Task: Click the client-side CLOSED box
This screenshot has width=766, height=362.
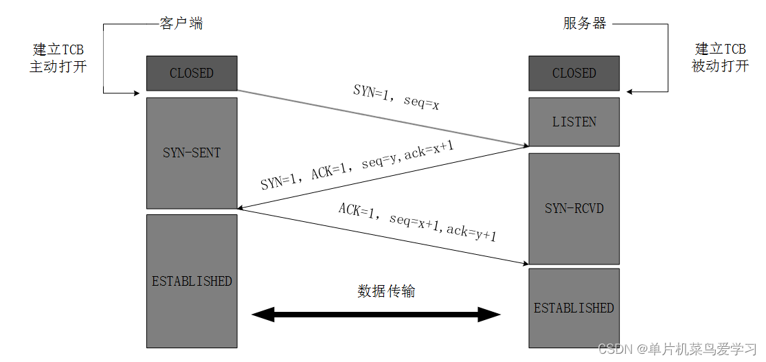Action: (192, 73)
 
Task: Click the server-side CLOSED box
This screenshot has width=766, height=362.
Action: (574, 73)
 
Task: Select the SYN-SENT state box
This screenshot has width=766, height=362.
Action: (192, 152)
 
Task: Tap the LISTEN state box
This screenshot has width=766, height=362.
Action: (574, 122)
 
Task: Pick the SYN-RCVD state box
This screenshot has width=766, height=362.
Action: (574, 207)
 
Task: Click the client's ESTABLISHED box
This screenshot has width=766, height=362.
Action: (192, 280)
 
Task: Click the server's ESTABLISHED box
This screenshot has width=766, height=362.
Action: (574, 307)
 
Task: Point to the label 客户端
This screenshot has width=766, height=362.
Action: (181, 24)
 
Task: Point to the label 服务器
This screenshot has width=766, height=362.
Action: (585, 24)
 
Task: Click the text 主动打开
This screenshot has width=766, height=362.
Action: (58, 67)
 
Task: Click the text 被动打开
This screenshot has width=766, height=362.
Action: (720, 67)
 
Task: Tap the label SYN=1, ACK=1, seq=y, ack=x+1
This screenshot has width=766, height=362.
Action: (357, 166)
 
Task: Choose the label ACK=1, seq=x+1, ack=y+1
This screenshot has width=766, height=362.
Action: (417, 222)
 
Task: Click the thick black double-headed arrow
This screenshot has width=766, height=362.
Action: (376, 315)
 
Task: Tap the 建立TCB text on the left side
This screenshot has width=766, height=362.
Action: (58, 50)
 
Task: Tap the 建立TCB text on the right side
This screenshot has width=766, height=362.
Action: (720, 49)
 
